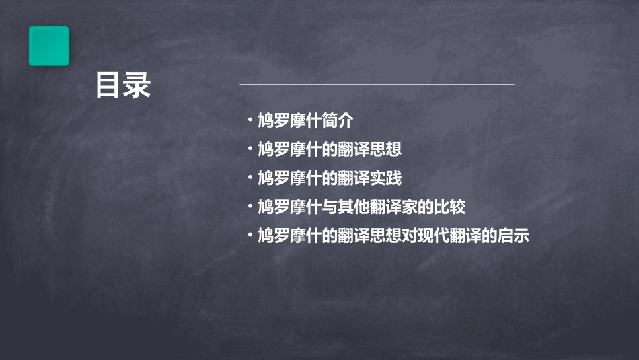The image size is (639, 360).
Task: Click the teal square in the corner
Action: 48,46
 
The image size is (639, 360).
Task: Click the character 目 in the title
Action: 108,85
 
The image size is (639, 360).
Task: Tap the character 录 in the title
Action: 137,85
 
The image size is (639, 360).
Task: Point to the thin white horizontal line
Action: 377,85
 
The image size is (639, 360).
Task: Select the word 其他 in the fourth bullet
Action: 354,207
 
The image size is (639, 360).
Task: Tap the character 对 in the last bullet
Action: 410,236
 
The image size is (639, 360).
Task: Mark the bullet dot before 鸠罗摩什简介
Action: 250,121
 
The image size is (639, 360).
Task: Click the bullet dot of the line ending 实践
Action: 250,178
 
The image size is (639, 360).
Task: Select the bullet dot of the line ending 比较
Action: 250,207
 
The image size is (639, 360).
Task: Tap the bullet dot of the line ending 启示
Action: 250,236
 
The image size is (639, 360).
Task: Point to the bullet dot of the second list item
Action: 250,149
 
